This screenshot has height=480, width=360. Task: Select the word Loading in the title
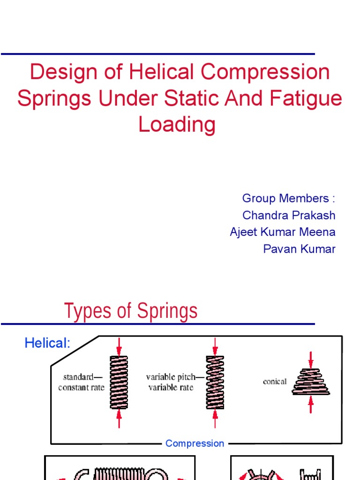tap(177, 125)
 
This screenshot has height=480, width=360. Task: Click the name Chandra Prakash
tap(289, 215)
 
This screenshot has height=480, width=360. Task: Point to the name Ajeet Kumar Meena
tap(283, 232)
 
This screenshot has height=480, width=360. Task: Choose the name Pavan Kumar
tap(299, 249)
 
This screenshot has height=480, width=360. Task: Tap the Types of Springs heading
tap(131, 311)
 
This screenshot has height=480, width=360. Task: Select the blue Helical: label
tap(47, 343)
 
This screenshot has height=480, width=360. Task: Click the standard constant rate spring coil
tap(119, 382)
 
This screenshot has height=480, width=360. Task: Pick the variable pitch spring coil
tap(215, 382)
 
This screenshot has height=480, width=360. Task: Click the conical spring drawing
tap(311, 382)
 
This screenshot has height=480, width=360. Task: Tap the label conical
tap(275, 382)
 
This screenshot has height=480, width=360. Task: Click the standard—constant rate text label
tap(82, 382)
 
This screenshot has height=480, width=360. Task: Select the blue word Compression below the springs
tap(195, 443)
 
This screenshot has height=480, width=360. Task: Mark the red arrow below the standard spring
tap(119, 418)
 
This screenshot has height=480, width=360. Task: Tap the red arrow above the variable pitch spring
tap(215, 346)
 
